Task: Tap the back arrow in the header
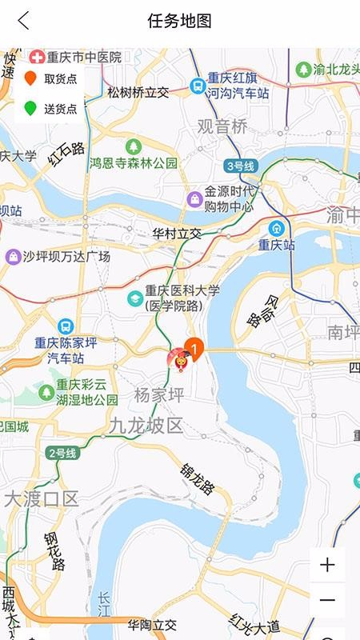pyautogui.click(x=23, y=22)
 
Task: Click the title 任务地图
pyautogui.click(x=179, y=22)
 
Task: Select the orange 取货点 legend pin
pyautogui.click(x=30, y=78)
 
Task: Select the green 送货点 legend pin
pyautogui.click(x=30, y=108)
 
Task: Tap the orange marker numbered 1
pyautogui.click(x=194, y=348)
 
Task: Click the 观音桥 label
pyautogui.click(x=222, y=126)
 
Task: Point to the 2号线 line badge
pyautogui.click(x=62, y=454)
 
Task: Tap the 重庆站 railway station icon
pyautogui.click(x=277, y=228)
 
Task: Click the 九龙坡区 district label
pyautogui.click(x=146, y=426)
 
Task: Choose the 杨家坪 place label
pyautogui.click(x=159, y=394)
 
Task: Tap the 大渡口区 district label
pyautogui.click(x=42, y=499)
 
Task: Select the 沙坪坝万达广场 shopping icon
pyautogui.click(x=13, y=257)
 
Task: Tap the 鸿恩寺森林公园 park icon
pyautogui.click(x=133, y=146)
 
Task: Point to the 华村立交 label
pyautogui.click(x=177, y=234)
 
